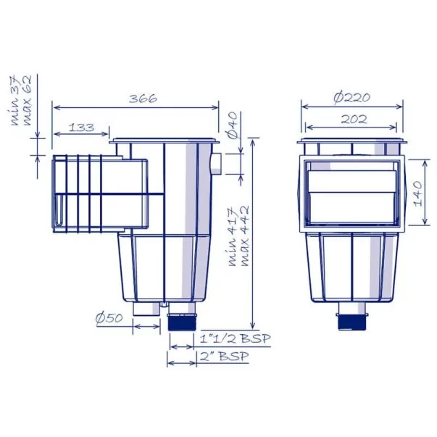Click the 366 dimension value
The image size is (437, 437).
143,99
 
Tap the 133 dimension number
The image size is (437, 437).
81,128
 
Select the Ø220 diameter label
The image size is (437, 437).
352,98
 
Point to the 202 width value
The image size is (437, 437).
354,120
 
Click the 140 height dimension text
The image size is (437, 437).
418,193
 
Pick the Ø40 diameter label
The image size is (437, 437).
233,125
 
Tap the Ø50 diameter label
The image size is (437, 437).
109,317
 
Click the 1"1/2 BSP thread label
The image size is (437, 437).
236,338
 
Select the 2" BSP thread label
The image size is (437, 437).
225,356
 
